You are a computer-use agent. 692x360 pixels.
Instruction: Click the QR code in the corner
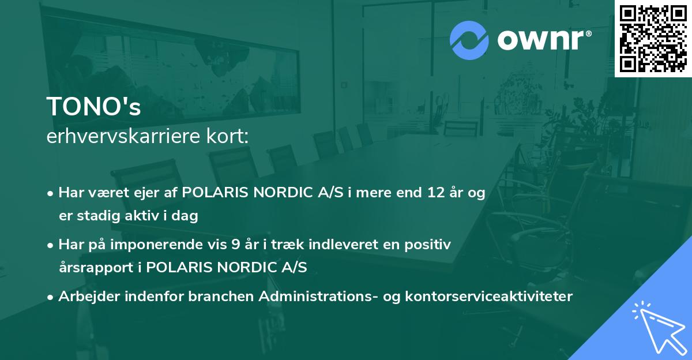click(653, 38)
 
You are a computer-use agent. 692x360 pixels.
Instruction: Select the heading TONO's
click(93, 107)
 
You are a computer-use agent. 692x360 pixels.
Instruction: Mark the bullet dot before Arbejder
click(51, 297)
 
